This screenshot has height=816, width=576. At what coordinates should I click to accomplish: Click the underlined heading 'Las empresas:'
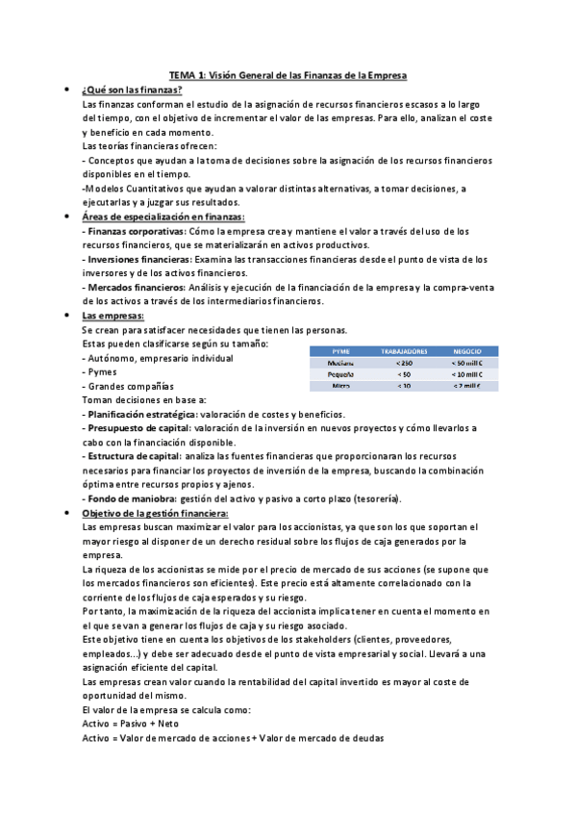(x=113, y=316)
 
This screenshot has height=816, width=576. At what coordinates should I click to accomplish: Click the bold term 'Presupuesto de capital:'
(x=136, y=428)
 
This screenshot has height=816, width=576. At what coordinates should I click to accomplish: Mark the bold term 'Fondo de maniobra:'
(x=127, y=499)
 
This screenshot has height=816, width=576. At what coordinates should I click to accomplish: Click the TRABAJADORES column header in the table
(x=405, y=351)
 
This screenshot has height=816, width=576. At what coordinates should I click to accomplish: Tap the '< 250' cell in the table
(x=405, y=363)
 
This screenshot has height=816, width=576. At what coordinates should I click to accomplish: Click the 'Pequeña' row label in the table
(x=340, y=374)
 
